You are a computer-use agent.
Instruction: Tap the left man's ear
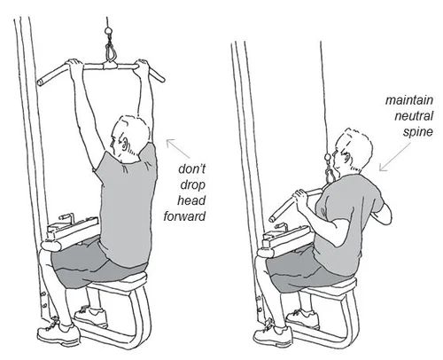[122, 135]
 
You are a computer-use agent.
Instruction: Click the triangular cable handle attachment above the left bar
[110, 55]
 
